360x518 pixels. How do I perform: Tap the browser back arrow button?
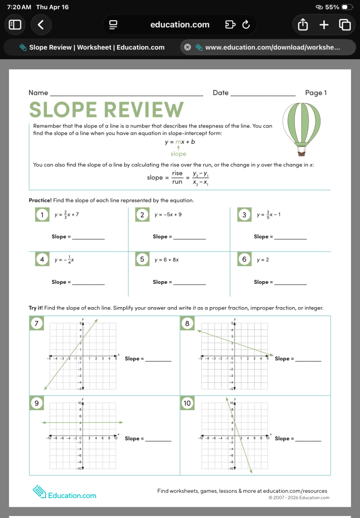click(x=41, y=24)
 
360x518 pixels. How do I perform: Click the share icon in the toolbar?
click(x=303, y=24)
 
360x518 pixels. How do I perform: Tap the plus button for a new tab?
click(x=324, y=24)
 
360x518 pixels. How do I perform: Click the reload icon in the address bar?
click(x=246, y=24)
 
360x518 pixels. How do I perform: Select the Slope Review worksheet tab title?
click(x=96, y=47)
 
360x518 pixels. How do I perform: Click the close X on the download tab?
click(x=187, y=47)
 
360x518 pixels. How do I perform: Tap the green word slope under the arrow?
click(x=178, y=154)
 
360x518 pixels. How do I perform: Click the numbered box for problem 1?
click(x=41, y=214)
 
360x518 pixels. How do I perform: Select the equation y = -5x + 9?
click(x=168, y=214)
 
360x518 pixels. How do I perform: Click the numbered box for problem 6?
click(x=244, y=260)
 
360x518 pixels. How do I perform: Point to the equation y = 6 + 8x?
click(x=166, y=260)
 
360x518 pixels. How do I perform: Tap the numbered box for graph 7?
click(x=36, y=323)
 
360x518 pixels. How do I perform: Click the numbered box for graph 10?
click(x=187, y=403)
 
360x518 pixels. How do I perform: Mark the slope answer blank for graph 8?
click(x=307, y=359)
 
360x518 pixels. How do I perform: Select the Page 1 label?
click(x=316, y=93)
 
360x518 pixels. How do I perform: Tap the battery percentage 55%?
click(x=332, y=7)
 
